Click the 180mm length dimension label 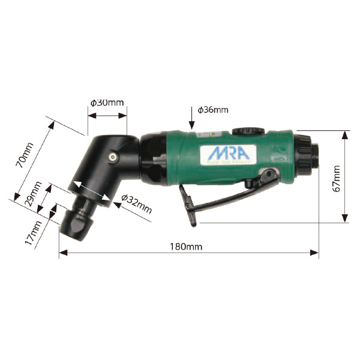click(185, 246)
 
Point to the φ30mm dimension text click(107, 103)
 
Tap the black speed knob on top click(248, 131)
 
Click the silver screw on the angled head click(112, 155)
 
